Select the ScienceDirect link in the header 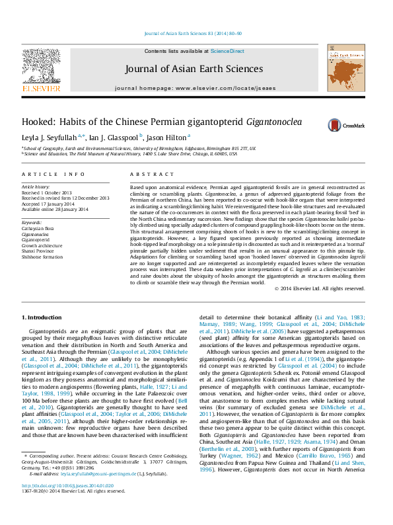[x=227, y=51]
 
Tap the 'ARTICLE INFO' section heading [x=54, y=175]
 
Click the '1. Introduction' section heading [x=42, y=318]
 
